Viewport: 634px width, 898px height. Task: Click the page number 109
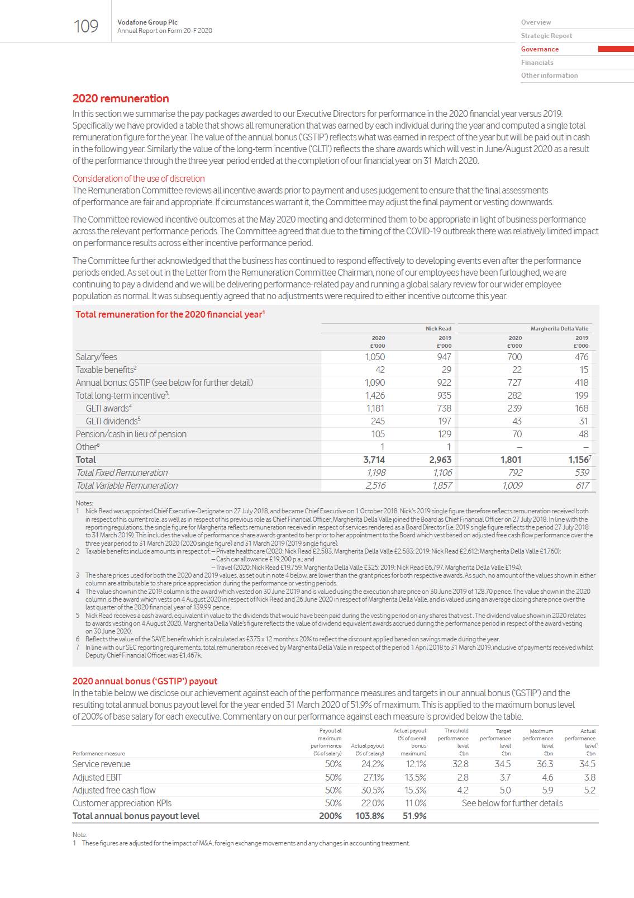86,26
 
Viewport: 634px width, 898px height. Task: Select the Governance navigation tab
540,49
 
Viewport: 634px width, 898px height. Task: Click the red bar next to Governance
616,49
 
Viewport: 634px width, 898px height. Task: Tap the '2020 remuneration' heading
121,98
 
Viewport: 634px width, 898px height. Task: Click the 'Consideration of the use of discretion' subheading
139,178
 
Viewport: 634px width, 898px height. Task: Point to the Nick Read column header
438,329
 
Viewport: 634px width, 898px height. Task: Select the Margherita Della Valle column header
559,329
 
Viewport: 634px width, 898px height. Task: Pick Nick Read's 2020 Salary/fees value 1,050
375,357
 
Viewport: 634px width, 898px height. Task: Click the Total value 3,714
374,460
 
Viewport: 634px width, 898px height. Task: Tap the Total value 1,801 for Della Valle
511,460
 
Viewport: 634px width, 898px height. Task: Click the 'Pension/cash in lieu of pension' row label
131,434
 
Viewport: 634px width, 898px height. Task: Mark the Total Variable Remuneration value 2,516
375,485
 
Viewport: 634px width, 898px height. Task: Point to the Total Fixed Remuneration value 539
581,472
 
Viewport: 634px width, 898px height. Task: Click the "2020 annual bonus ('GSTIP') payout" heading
145,681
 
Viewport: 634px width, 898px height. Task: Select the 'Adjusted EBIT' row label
97,777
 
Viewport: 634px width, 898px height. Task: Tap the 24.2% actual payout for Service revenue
373,764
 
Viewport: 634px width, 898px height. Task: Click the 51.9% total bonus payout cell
414,816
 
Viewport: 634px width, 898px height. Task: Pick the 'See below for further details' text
512,803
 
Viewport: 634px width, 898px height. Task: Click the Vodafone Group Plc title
147,22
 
